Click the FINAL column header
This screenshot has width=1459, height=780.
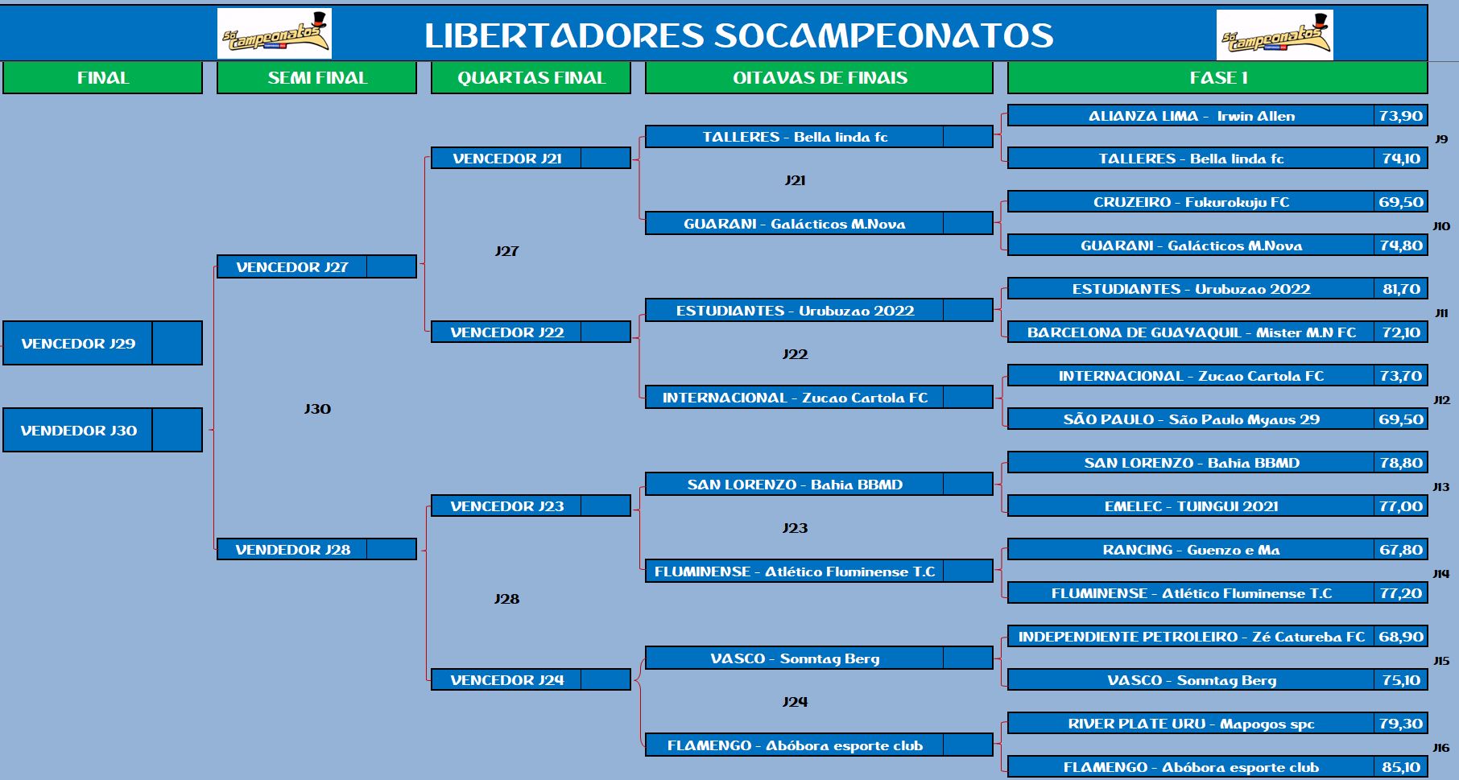click(x=102, y=78)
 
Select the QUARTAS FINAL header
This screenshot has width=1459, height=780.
click(x=531, y=78)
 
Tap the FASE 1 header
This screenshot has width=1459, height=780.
click(x=1217, y=78)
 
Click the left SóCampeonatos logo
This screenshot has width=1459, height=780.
click(x=275, y=34)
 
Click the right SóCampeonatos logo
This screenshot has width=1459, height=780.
click(x=1275, y=35)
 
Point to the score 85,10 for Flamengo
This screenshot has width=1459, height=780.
click(x=1401, y=767)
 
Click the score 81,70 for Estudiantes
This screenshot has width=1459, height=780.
click(x=1401, y=289)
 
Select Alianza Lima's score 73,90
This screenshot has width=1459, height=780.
click(x=1401, y=116)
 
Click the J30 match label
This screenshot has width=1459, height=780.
click(x=317, y=409)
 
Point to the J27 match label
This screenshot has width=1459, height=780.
click(x=506, y=251)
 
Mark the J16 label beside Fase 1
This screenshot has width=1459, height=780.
click(x=1441, y=748)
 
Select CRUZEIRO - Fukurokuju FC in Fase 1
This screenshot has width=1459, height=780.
click(x=1191, y=202)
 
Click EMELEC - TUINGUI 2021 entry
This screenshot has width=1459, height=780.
click(x=1191, y=506)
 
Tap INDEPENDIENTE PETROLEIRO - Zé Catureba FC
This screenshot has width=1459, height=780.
click(x=1191, y=637)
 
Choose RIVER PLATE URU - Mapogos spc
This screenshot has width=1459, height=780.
click(x=1191, y=724)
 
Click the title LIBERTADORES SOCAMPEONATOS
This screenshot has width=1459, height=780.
click(x=739, y=35)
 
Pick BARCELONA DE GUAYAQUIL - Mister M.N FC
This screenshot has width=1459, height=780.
click(x=1191, y=332)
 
